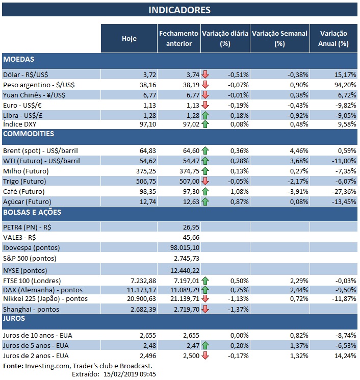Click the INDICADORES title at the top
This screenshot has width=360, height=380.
[179, 10]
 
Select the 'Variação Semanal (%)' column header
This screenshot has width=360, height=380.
[279, 38]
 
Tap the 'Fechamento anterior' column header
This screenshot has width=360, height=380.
[178, 38]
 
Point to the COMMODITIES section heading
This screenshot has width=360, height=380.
[29, 134]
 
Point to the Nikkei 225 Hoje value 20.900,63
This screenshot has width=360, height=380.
[137, 298]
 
